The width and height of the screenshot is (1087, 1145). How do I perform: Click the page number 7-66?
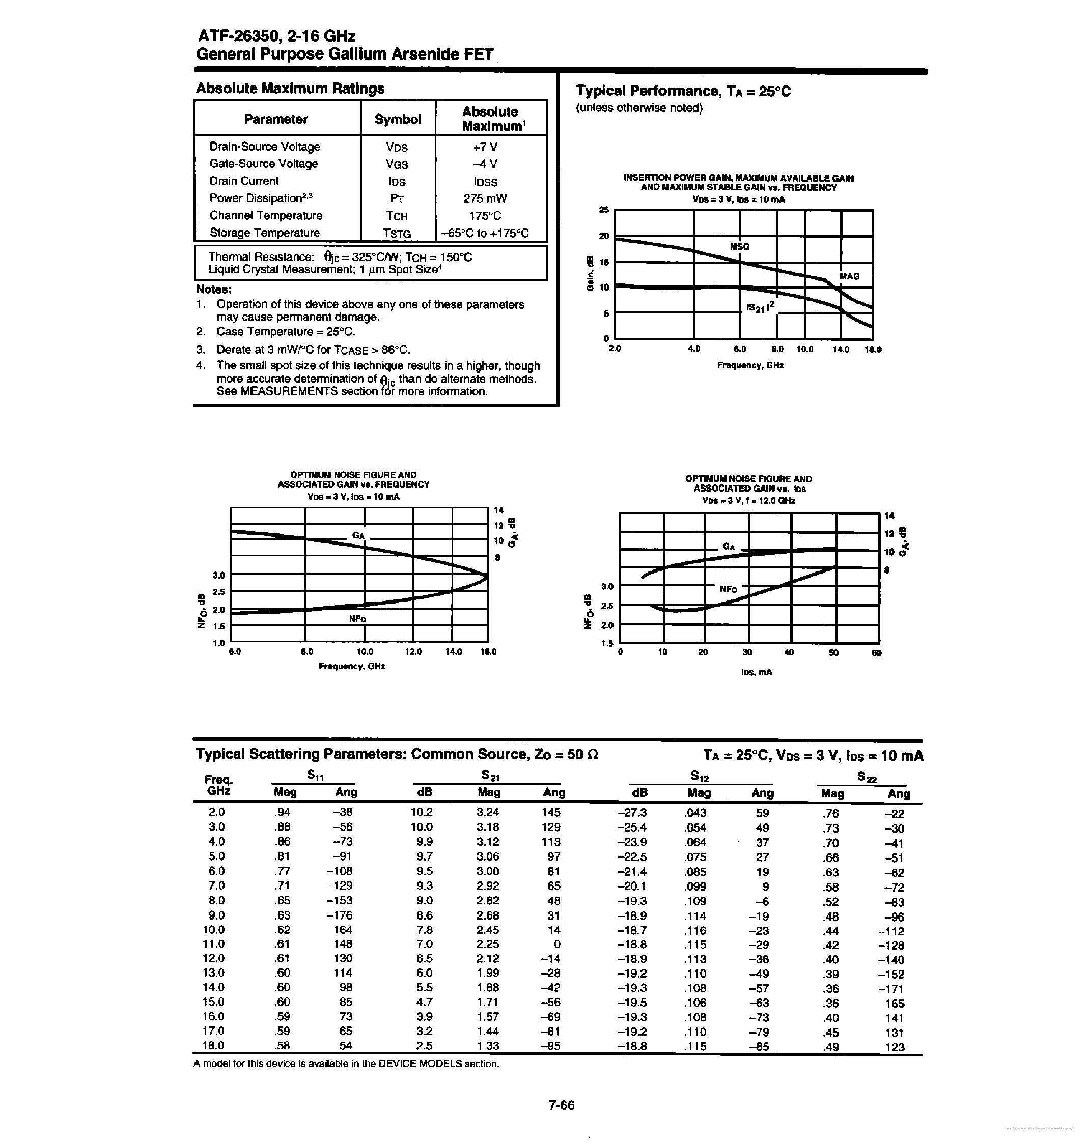coord(561,1104)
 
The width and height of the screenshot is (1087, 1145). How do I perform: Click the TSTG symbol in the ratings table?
coord(397,234)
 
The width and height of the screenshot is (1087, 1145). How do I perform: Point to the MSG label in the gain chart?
coord(739,247)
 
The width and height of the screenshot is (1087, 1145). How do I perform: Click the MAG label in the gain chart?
coord(849,276)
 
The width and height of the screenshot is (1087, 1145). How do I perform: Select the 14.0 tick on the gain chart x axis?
coord(841,349)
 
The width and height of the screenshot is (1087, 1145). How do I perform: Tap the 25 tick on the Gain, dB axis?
coord(604,210)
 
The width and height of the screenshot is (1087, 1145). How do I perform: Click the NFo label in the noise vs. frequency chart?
coord(357,618)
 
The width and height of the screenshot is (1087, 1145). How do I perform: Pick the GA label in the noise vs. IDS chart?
coord(729,546)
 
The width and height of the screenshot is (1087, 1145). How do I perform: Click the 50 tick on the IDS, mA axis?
coord(833,652)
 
